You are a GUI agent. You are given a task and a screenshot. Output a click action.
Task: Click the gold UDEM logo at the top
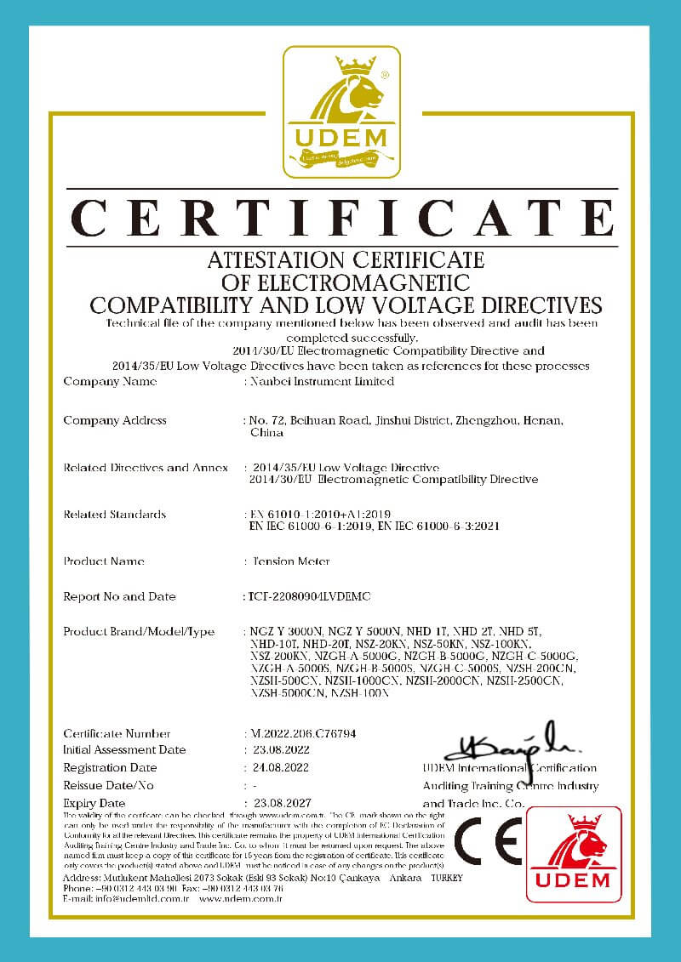tap(341, 111)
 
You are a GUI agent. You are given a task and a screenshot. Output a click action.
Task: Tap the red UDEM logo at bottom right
tap(574, 854)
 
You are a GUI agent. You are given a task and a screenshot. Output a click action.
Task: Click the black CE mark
tap(487, 844)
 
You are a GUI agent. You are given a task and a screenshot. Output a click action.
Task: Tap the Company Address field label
tap(115, 420)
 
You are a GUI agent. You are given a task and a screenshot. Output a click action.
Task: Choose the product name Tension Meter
tap(291, 561)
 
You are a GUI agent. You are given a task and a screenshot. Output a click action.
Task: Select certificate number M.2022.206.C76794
tap(314, 733)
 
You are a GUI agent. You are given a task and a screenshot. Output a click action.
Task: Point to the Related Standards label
tap(115, 515)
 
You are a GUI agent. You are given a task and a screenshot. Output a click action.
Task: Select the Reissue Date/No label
tap(109, 785)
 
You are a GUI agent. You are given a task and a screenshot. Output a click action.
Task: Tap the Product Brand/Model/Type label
tap(139, 631)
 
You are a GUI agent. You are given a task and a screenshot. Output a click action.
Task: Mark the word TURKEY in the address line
tap(448, 878)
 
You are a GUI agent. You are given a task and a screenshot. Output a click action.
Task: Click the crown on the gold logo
tap(356, 65)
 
